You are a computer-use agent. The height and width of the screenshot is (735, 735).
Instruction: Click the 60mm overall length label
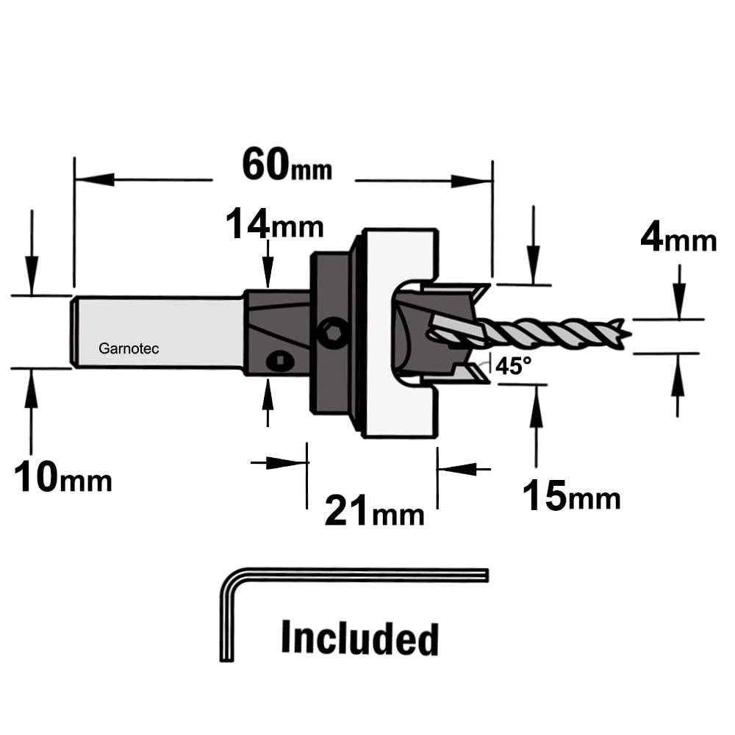pyautogui.click(x=287, y=165)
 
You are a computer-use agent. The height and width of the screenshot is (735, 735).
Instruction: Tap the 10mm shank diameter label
pyautogui.click(x=62, y=476)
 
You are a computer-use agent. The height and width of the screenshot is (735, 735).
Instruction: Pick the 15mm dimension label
pyautogui.click(x=571, y=495)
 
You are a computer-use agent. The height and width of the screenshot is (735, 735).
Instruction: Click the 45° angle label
pyautogui.click(x=514, y=365)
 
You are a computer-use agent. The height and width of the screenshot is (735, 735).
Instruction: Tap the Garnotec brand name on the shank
pyautogui.click(x=129, y=348)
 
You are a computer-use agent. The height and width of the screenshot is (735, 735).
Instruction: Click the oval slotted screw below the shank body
pyautogui.click(x=280, y=361)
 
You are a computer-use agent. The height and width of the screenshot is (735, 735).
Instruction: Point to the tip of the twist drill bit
pyautogui.click(x=631, y=334)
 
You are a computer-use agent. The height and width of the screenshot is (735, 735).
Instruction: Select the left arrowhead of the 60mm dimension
pyautogui.click(x=95, y=179)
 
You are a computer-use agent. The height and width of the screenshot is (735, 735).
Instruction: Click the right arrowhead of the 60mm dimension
pyautogui.click(x=472, y=181)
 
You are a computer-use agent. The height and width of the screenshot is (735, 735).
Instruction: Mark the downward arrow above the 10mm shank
pyautogui.click(x=32, y=253)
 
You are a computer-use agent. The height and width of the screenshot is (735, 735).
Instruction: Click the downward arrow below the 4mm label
pyautogui.click(x=679, y=293)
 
